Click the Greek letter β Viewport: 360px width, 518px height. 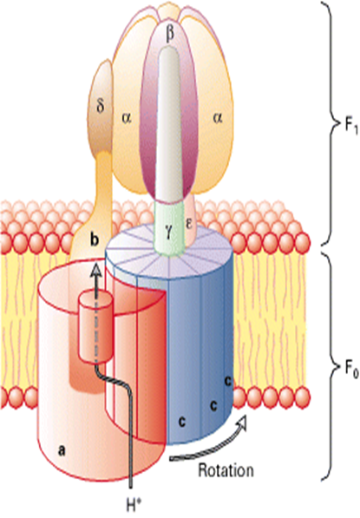[x=170, y=35]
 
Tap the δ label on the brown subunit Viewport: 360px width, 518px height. [x=101, y=107]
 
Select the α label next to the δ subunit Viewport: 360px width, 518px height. [x=126, y=118]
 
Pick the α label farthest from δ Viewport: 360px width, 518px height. [x=217, y=118]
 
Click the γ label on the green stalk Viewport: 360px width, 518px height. [x=169, y=227]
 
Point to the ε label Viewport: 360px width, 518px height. [x=188, y=225]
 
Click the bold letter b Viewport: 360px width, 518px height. [x=95, y=239]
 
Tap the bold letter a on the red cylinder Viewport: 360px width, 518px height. [x=61, y=450]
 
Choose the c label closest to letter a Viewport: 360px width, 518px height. [x=181, y=422]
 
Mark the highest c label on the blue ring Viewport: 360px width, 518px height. [x=227, y=381]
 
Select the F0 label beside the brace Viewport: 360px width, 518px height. [x=350, y=369]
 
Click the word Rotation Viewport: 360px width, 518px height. [x=226, y=469]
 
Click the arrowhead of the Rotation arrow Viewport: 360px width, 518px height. [x=242, y=419]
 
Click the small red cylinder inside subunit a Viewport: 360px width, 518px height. [x=96, y=326]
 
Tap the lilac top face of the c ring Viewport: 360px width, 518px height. [x=169, y=255]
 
